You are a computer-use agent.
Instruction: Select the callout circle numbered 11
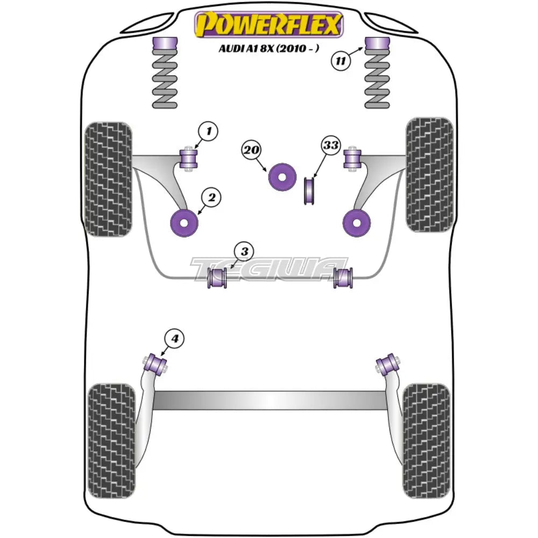coord(341,60)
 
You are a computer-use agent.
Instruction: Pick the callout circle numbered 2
coord(211,198)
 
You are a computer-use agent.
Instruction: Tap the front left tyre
coord(108,179)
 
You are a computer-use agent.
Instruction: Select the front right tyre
coord(429,174)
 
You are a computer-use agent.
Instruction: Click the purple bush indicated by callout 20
coord(282,176)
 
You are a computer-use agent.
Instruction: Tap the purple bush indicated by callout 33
coord(310,190)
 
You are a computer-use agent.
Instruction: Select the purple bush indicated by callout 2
coord(184,222)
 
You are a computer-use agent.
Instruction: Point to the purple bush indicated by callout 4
coord(156,362)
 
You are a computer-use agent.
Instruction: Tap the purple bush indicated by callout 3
coord(217,277)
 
